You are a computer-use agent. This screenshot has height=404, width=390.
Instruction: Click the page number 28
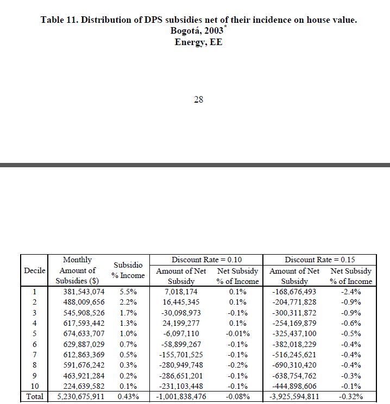pyautogui.click(x=198, y=99)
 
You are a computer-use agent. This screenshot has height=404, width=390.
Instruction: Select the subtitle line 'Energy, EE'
pyautogui.click(x=198, y=42)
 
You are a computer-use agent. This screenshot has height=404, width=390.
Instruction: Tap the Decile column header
pyautogui.click(x=34, y=270)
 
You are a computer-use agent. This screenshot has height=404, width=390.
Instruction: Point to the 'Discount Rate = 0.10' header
pyautogui.click(x=206, y=260)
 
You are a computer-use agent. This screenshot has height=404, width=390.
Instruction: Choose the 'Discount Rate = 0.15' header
pyautogui.click(x=320, y=260)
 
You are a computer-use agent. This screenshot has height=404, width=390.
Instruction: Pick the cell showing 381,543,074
pyautogui.click(x=81, y=292)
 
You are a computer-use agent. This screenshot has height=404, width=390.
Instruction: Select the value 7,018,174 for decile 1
pyautogui.click(x=181, y=292)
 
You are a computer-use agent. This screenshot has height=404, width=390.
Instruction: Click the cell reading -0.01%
pyautogui.click(x=238, y=333)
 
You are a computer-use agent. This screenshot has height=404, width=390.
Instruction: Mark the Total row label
pyautogui.click(x=34, y=397)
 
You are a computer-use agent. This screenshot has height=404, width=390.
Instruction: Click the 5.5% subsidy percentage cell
pyautogui.click(x=128, y=292)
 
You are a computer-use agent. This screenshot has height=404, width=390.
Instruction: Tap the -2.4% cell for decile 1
pyautogui.click(x=351, y=292)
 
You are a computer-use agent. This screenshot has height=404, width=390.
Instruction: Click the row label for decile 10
pyautogui.click(x=34, y=386)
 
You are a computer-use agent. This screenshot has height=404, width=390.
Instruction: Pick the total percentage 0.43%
pyautogui.click(x=128, y=397)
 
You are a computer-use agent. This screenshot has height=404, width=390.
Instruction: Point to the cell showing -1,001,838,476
pyautogui.click(x=181, y=397)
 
